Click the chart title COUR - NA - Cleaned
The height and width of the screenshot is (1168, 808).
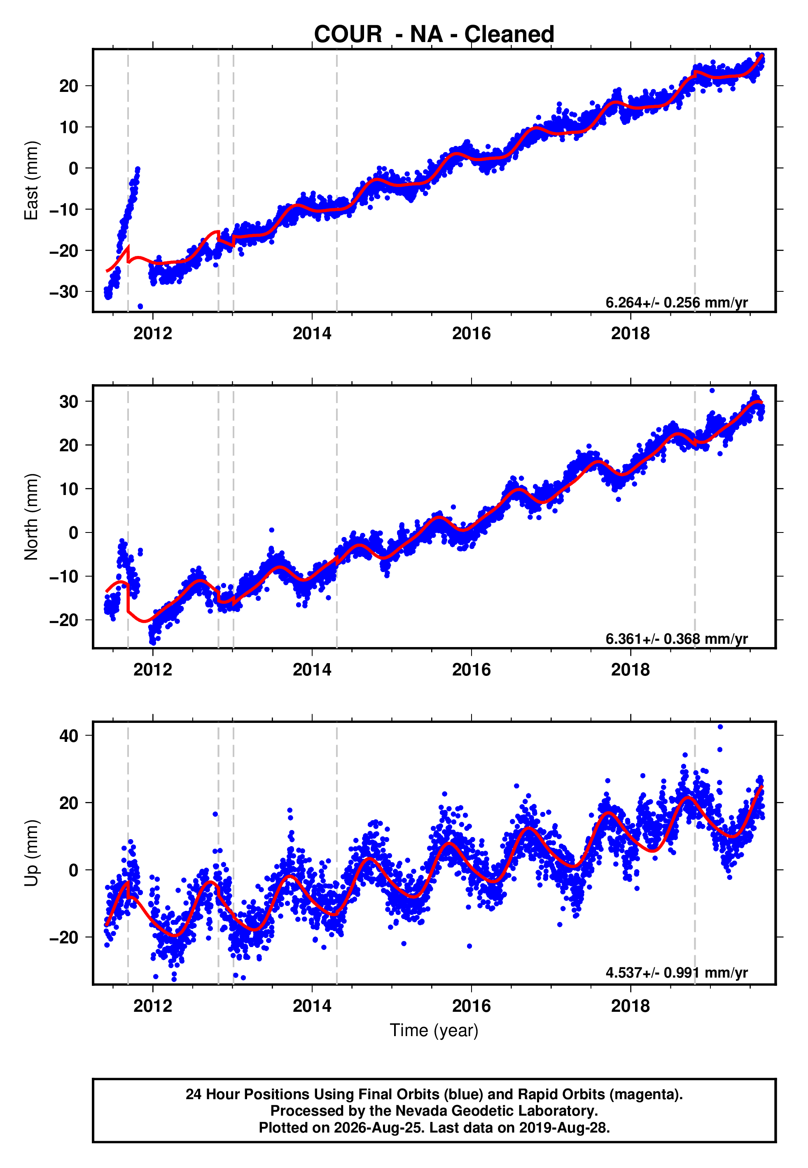434,35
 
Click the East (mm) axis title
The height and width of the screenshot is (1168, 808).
31,181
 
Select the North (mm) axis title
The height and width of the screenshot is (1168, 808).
31,517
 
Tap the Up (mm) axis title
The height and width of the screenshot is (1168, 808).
31,853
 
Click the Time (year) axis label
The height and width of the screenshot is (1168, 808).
434,1030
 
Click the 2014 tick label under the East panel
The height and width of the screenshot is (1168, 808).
312,333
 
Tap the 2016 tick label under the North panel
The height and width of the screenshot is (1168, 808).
471,670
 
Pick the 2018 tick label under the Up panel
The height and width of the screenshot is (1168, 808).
631,1006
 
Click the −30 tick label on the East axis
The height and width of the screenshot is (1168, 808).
64,292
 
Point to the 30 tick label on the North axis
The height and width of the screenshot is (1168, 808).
69,402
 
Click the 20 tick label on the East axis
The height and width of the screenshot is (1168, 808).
69,86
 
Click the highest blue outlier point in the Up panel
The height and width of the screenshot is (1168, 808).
720,727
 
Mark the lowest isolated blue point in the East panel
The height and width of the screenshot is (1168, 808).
140,307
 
